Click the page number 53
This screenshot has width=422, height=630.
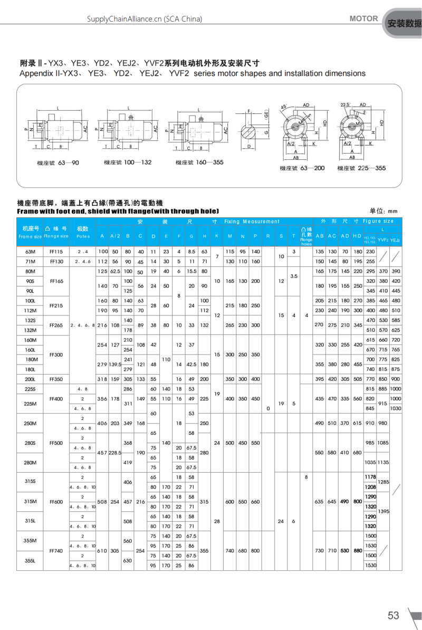click(394, 615)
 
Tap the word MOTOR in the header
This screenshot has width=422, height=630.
click(363, 18)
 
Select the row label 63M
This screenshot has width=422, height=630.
click(30, 252)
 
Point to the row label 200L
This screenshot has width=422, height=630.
click(30, 379)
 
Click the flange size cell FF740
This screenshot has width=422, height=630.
click(56, 550)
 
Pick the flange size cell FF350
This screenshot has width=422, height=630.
click(56, 379)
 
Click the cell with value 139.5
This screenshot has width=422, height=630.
click(115, 364)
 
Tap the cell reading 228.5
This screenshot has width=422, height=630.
click(115, 452)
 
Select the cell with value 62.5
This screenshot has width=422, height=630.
click(115, 271)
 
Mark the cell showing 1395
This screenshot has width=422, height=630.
click(383, 511)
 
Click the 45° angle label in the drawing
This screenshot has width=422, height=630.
click(283, 107)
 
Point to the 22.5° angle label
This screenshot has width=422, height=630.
click(346, 104)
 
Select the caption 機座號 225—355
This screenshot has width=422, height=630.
click(361, 168)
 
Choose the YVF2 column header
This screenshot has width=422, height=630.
click(383, 240)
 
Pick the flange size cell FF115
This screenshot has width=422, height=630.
click(56, 252)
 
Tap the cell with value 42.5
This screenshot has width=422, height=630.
click(191, 364)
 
